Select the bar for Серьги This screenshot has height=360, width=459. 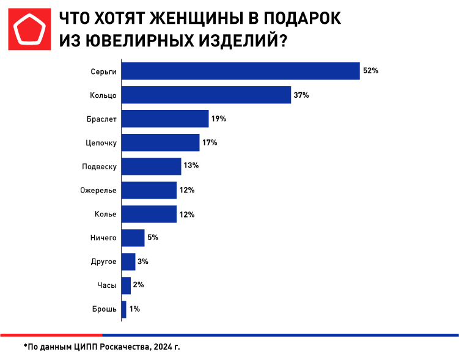pos(241,71)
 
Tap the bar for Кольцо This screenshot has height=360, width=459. pos(206,95)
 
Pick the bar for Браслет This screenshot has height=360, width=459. pos(165,119)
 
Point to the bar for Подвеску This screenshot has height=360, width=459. pos(152,166)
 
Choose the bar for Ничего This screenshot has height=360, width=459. pos(133,237)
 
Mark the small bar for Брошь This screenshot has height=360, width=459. pos(124,309)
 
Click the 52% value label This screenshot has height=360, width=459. pos(370,71)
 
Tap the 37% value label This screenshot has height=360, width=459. pos(301,95)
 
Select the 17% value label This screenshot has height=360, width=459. pos(210,142)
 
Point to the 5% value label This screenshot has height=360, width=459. pos(153,237)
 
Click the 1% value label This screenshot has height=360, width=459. pos(134,309)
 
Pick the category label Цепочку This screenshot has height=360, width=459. pos(100,142)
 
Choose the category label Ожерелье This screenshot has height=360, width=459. pos(98,190)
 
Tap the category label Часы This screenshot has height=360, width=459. pos(106,285)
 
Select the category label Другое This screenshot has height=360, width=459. pos(103,262)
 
